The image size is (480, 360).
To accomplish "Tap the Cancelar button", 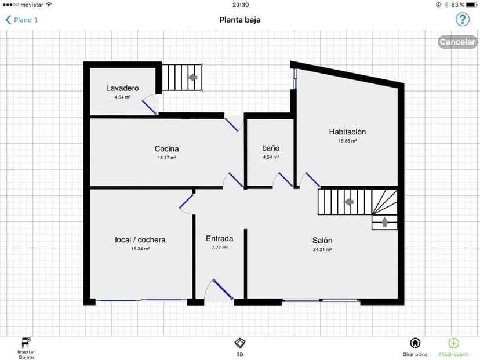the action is pos(457,42).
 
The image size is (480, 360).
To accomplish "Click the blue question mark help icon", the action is pos(462,20).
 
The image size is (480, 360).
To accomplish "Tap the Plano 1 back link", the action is pos(21,20).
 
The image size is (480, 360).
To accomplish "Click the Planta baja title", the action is pos(240,20).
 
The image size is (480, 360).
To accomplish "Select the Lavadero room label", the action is pos(122,88).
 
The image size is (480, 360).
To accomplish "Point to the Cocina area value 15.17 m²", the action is pos(167,158).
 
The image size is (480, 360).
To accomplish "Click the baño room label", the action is pos(271,148).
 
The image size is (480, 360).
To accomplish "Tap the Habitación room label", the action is pos(347,132).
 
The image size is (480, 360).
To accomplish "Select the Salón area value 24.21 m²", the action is pos(322,249).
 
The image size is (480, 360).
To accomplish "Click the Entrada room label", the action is pos(220,238).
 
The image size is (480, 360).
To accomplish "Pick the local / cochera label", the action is pos(140,239).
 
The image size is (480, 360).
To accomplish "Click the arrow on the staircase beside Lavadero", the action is pos(192,77).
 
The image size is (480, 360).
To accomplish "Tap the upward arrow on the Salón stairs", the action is pos(385,222).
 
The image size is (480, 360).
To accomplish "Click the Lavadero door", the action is pos(150,107).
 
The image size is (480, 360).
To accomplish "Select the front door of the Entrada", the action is pos(223,289).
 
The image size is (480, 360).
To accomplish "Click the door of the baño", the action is pos(286,180).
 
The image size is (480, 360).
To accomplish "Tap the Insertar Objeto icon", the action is pos(26,342).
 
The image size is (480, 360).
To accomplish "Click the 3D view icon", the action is pos(240,343).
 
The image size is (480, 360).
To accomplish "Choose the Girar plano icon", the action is pos(415,343).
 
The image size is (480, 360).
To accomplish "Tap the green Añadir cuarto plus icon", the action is pos(453,343).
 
